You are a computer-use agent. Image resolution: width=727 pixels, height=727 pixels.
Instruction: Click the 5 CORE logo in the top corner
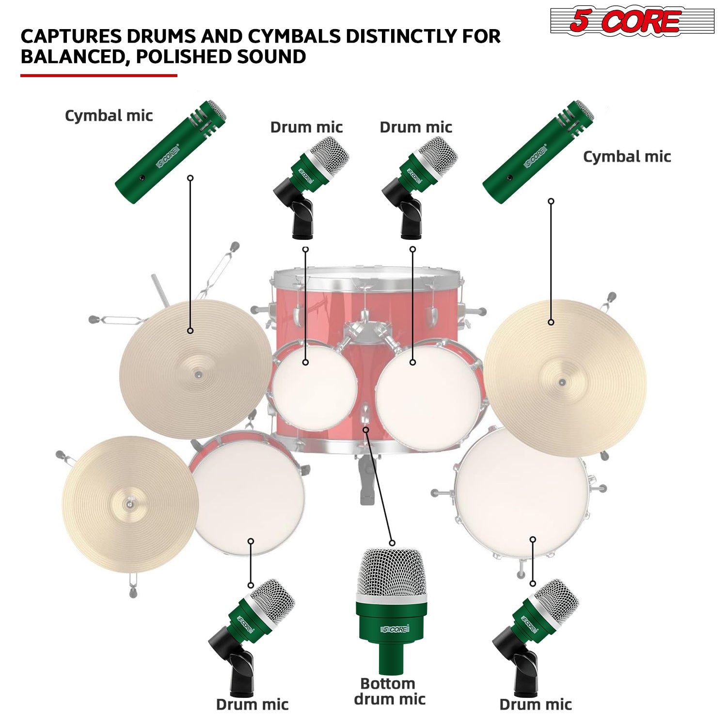tap(632, 21)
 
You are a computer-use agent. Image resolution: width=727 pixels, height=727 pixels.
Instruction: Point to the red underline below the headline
tap(98, 75)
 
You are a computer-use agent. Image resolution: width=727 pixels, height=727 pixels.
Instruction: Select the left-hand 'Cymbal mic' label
tap(109, 116)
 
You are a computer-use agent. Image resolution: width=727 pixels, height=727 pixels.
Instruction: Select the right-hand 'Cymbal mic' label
tap(627, 157)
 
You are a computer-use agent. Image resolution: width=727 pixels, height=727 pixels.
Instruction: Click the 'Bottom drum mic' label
tap(389, 692)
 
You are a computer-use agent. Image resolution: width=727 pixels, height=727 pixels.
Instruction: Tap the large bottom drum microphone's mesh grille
tap(392, 572)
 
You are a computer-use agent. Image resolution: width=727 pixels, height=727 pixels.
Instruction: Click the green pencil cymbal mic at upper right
tap(538, 151)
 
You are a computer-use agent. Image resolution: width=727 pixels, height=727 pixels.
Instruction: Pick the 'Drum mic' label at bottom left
tap(252, 705)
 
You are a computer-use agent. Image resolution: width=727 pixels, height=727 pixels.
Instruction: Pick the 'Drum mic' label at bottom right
tap(536, 705)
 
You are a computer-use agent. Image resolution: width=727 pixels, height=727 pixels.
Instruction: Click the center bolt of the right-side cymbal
tap(562, 382)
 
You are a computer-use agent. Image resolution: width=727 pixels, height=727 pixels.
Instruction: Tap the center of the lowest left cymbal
tap(130, 504)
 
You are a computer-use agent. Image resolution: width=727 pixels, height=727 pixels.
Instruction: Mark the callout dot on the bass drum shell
tap(366, 430)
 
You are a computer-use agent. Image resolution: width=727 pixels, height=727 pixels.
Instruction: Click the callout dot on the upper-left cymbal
tap(190, 331)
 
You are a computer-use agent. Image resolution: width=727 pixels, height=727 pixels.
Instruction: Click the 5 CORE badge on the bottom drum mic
tap(395, 629)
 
